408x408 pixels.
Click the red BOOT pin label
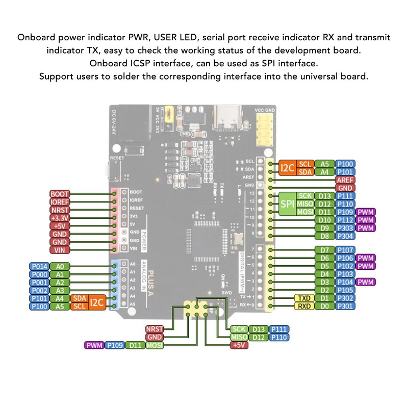[59, 194]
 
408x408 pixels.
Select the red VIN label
[59, 250]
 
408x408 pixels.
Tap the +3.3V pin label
[59, 218]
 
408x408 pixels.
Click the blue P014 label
[40, 266]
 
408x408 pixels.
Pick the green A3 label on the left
[60, 290]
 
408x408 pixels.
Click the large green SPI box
[286, 203]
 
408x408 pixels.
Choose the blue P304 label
[345, 236]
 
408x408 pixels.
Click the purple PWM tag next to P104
[366, 282]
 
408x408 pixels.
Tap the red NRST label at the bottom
[155, 329]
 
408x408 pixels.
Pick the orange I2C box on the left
[97, 302]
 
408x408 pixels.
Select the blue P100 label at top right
[345, 164]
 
